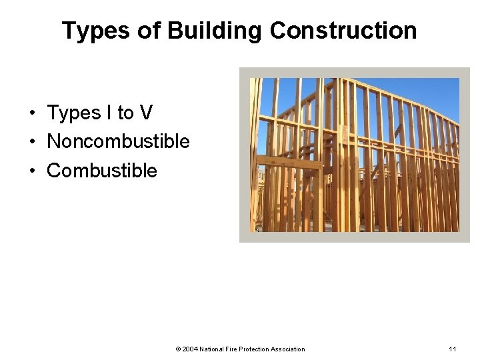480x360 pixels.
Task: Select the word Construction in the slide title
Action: [x=343, y=31]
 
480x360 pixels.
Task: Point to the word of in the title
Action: [x=153, y=31]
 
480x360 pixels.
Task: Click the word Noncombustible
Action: [x=118, y=142]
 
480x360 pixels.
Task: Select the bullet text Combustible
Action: [x=101, y=171]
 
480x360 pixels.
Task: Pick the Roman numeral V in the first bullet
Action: [x=146, y=113]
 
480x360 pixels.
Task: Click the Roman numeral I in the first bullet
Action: [x=109, y=113]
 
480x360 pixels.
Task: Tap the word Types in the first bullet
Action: [x=73, y=114]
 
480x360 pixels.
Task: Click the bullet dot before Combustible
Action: [x=32, y=171]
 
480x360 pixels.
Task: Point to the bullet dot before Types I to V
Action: [x=32, y=114]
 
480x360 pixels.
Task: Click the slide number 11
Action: [x=453, y=349]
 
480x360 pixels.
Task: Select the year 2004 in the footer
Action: [x=189, y=349]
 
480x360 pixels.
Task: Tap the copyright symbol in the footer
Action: [x=178, y=349]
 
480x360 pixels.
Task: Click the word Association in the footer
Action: [x=288, y=349]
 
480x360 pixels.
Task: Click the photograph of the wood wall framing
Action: [x=354, y=155]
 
